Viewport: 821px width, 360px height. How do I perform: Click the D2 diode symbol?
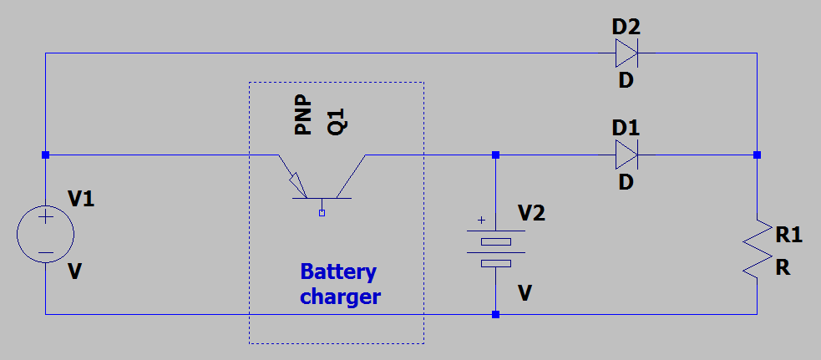coord(626,53)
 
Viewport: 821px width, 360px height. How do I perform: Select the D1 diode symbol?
coord(626,155)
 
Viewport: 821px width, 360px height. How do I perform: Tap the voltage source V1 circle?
coord(45,235)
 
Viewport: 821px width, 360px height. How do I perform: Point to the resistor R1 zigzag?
coord(757,248)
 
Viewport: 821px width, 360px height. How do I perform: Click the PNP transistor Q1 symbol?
coord(322,180)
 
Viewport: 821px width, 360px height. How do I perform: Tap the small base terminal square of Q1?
coord(322,213)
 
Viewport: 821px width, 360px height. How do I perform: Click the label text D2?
coord(626,26)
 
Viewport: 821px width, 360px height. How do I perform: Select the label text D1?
coord(626,128)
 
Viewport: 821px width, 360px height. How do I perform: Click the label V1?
coord(81,199)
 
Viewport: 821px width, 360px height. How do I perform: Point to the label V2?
coord(531,212)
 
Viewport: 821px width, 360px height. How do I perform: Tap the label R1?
coord(788,236)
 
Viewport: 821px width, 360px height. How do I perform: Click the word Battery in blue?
coord(338,272)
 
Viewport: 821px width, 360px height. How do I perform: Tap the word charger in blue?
coord(340,297)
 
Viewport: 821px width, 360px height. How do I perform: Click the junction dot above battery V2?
coord(496,155)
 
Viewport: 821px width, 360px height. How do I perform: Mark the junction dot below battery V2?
coord(496,315)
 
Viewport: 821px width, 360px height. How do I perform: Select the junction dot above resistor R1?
coord(757,155)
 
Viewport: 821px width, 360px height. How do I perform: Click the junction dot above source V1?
coord(45,155)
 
